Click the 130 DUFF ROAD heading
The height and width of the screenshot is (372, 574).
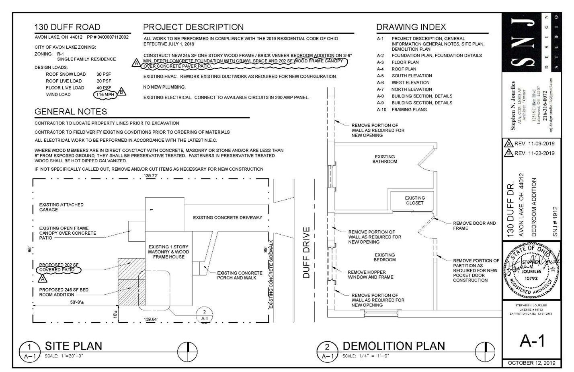[x=67, y=27]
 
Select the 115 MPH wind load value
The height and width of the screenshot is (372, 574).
[x=105, y=95]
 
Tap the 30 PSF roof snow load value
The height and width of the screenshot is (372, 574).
[x=103, y=74]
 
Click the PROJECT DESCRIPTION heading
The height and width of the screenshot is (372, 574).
[x=193, y=27]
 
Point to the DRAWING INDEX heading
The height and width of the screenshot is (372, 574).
[x=411, y=27]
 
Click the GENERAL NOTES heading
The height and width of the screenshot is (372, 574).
[x=71, y=112]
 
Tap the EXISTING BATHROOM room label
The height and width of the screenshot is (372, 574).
[x=385, y=159]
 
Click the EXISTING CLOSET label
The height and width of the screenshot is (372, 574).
[x=414, y=200]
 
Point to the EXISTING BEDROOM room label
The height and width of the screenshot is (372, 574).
[x=385, y=257]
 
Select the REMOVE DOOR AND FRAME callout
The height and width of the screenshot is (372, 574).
[x=474, y=225]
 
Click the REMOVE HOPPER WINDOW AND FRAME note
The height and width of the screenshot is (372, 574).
[x=370, y=275]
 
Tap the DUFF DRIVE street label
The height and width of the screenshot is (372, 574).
[x=307, y=252]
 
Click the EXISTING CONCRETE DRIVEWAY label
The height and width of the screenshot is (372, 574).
[x=228, y=217]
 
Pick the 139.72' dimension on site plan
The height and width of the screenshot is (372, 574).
[x=151, y=176]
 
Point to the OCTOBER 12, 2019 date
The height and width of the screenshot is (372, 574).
[x=531, y=363]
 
